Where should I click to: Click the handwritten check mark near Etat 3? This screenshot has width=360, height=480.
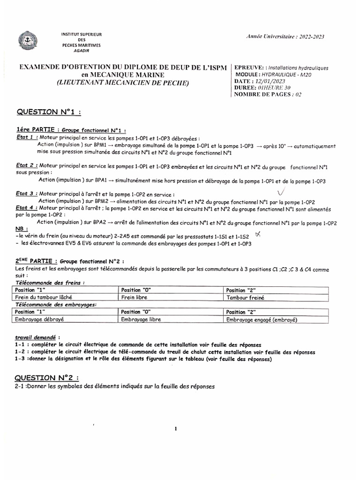(281, 192)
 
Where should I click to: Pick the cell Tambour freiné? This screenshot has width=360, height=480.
(243, 297)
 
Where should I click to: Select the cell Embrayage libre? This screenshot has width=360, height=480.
(141, 320)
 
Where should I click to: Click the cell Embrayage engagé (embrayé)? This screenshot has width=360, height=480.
(262, 320)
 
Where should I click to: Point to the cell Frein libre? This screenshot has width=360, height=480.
(135, 297)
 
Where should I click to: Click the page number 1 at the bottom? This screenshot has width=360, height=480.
(175, 428)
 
